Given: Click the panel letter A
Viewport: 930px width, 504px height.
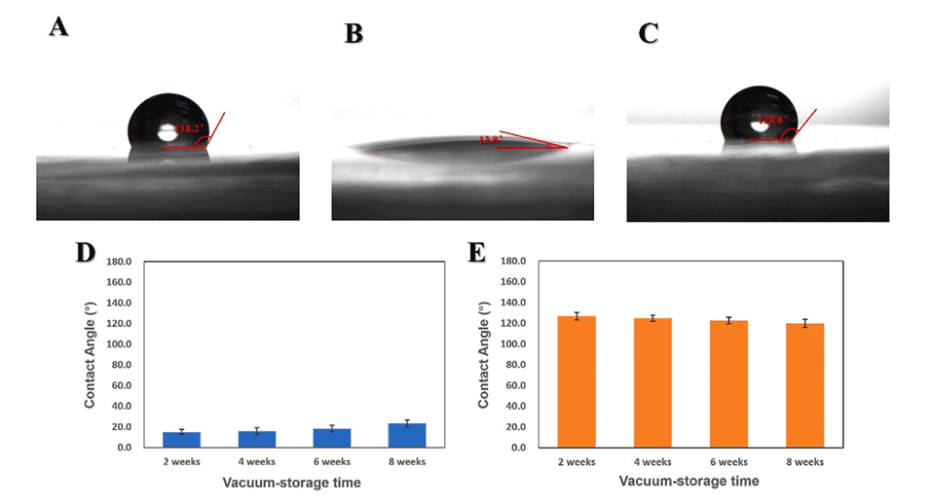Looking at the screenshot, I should click(58, 26).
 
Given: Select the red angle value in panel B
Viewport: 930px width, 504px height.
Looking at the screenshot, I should click(489, 140).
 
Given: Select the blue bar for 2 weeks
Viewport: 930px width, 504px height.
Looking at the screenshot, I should click(181, 440).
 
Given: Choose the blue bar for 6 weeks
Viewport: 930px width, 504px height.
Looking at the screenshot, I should click(331, 438).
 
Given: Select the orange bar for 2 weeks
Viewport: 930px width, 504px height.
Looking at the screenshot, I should click(577, 381).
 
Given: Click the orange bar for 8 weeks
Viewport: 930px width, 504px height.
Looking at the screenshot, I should click(805, 385).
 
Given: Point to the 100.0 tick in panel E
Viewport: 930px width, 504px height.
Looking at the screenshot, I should click(513, 344).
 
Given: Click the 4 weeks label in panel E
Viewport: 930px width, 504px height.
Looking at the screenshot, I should click(653, 461).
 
